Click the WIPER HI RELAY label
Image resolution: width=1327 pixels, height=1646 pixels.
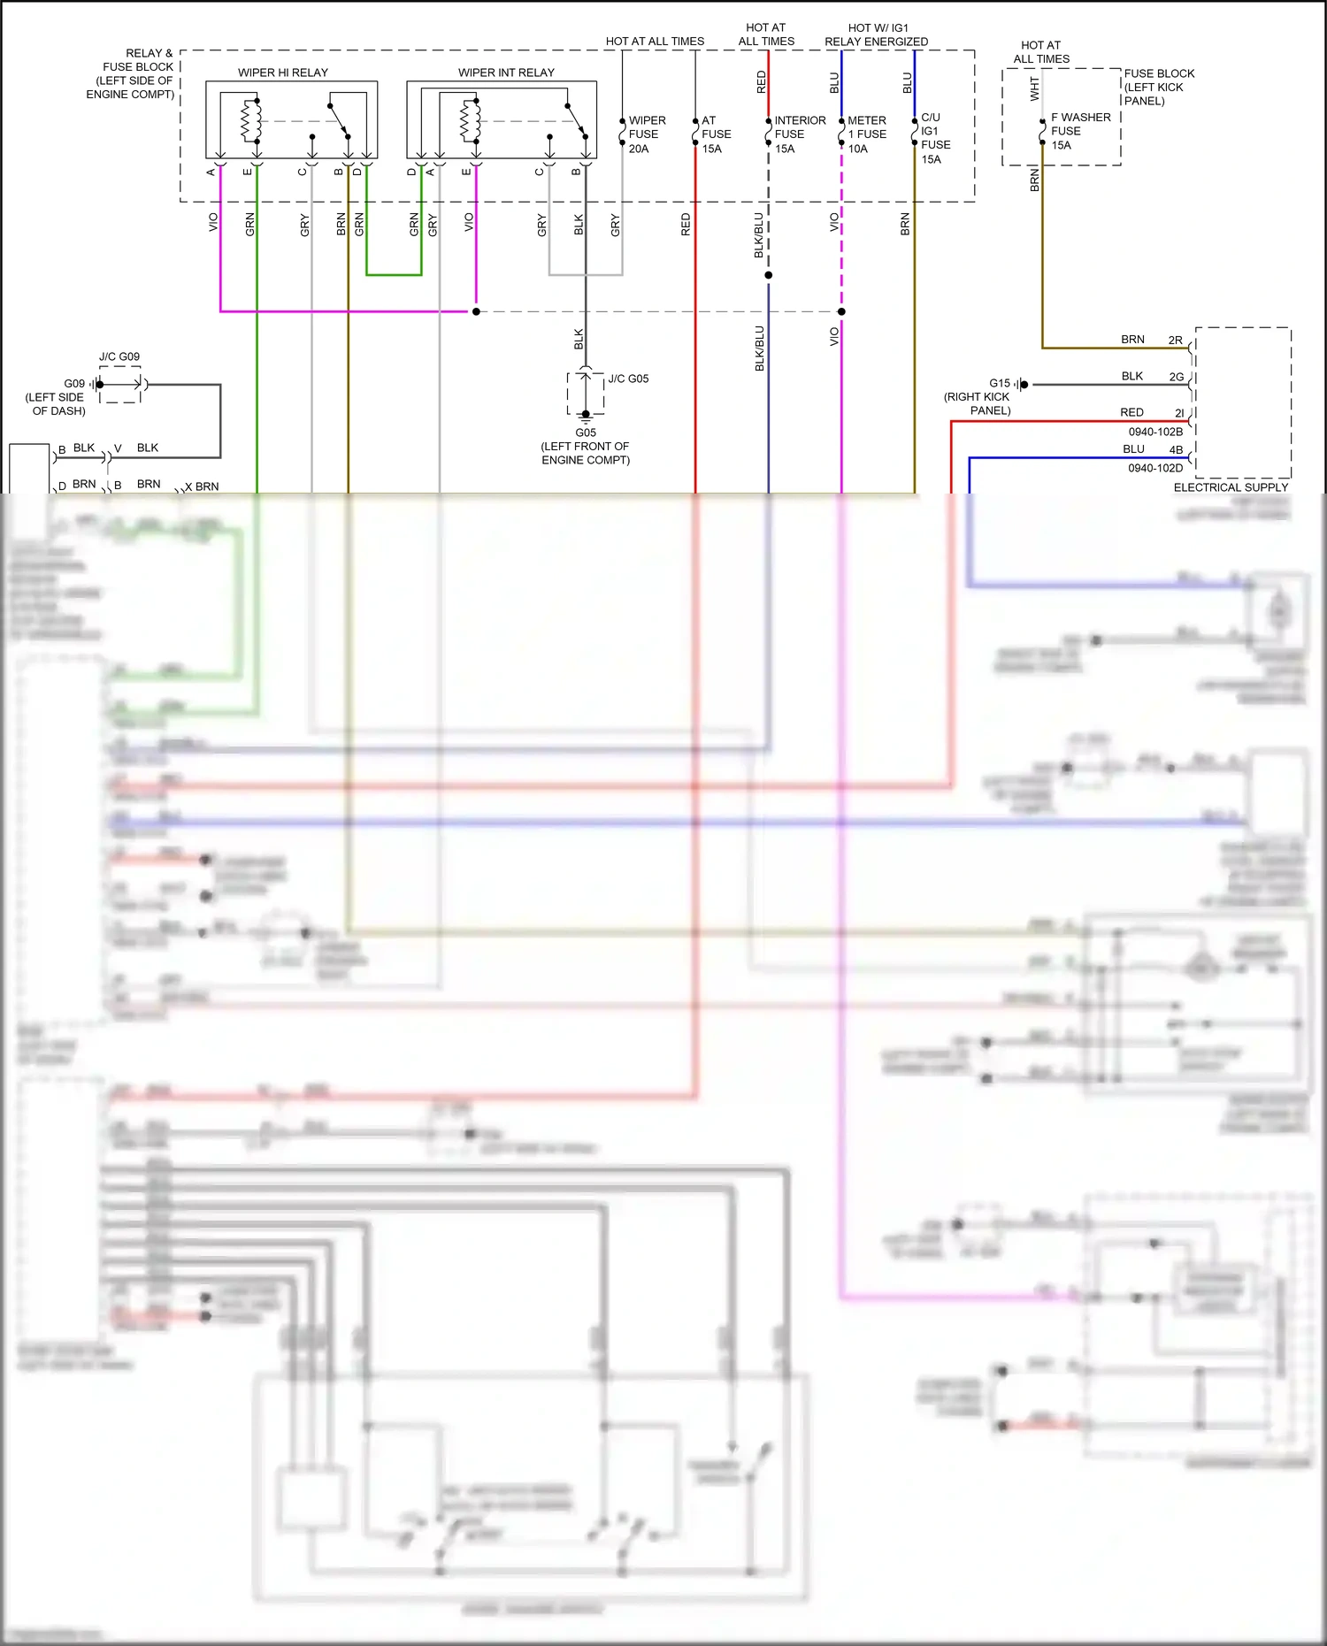pyautogui.click(x=282, y=73)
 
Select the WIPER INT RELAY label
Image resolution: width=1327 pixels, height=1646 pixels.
pyautogui.click(x=506, y=73)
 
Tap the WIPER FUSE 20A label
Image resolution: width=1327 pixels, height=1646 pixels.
pyautogui.click(x=647, y=134)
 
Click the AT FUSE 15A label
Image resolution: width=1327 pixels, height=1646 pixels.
pyautogui.click(x=716, y=134)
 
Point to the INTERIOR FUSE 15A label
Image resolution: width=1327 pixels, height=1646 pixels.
pyautogui.click(x=799, y=134)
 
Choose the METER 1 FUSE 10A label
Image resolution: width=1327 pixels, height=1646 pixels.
pyautogui.click(x=866, y=134)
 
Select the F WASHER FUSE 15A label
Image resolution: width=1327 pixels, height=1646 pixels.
pyautogui.click(x=1079, y=131)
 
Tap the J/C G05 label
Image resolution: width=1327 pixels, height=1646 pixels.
pyautogui.click(x=628, y=379)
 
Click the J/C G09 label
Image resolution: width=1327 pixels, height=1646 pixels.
pyautogui.click(x=119, y=356)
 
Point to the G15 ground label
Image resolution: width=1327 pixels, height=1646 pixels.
pyautogui.click(x=999, y=383)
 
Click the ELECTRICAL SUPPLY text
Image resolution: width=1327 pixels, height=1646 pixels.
pyautogui.click(x=1231, y=487)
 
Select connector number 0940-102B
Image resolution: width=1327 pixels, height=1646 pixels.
pyautogui.click(x=1154, y=432)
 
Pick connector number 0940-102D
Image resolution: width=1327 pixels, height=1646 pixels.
pyautogui.click(x=1154, y=468)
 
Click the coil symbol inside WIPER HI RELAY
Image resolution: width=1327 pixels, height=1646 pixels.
pyautogui.click(x=251, y=122)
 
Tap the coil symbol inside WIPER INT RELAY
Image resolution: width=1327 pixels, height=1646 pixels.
pyautogui.click(x=470, y=121)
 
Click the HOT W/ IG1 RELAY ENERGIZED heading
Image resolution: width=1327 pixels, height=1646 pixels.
pyautogui.click(x=876, y=34)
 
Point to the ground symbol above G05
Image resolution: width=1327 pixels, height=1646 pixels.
pyautogui.click(x=586, y=415)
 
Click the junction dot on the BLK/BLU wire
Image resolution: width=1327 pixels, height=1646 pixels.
pyautogui.click(x=768, y=275)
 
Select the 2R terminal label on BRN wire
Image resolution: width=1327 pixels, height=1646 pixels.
pyautogui.click(x=1175, y=340)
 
